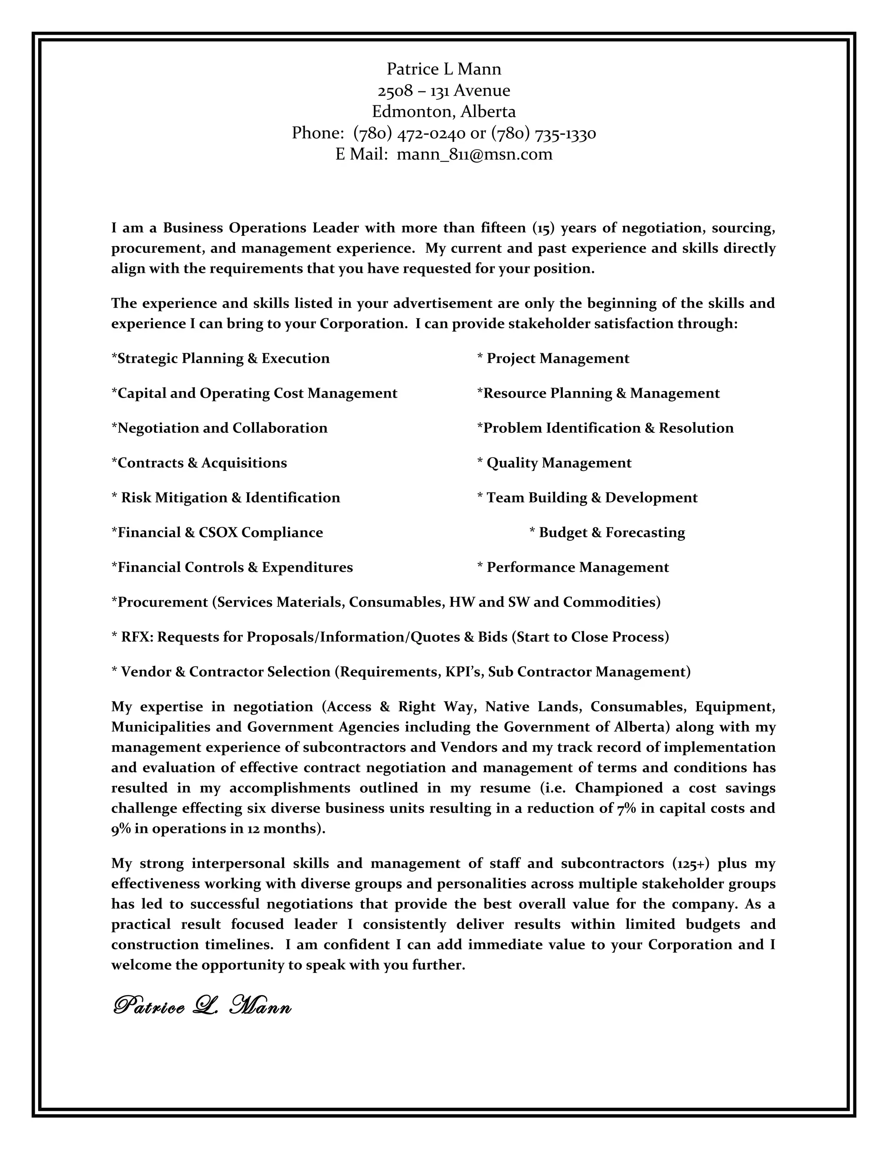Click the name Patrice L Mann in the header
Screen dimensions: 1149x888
tap(444, 69)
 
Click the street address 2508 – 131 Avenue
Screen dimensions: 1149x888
tap(444, 91)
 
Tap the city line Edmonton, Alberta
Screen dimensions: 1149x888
tap(444, 111)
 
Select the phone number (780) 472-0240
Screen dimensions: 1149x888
tap(409, 133)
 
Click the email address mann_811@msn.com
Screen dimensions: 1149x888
tap(474, 154)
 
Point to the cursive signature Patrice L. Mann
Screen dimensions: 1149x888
tap(202, 1006)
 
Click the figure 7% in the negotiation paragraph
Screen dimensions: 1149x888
tap(626, 808)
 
